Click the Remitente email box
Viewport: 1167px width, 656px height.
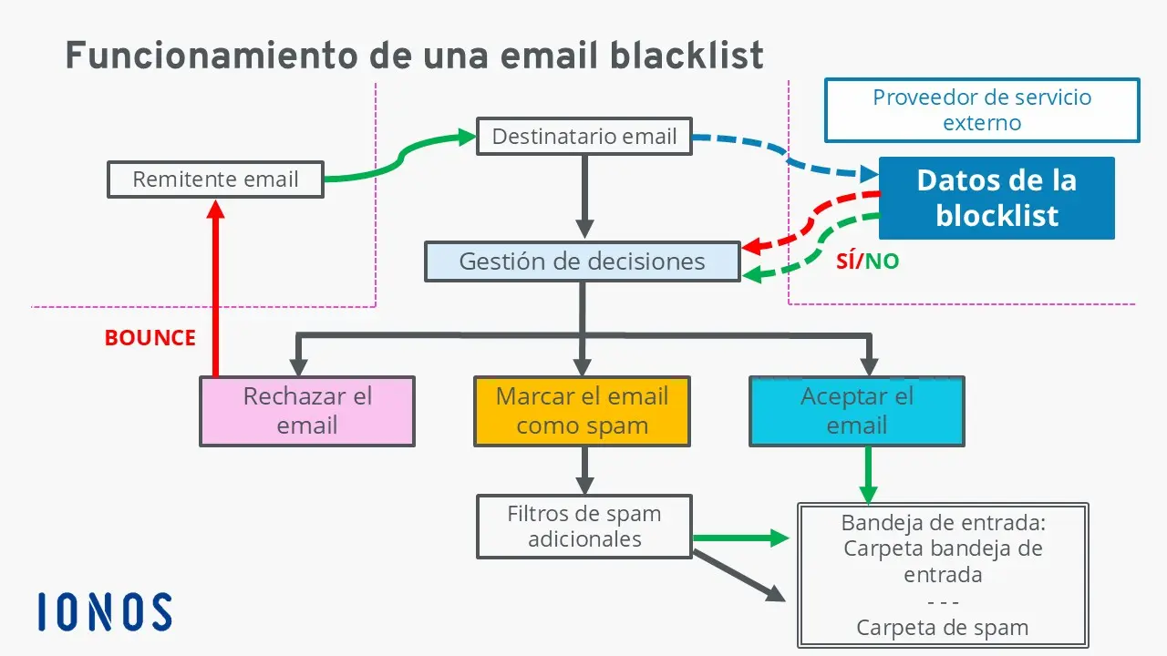pyautogui.click(x=215, y=179)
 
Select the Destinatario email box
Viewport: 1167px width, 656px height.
pyautogui.click(x=583, y=137)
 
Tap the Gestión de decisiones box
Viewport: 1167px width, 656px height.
pyautogui.click(x=582, y=261)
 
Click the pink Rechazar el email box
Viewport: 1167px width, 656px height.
pyautogui.click(x=307, y=411)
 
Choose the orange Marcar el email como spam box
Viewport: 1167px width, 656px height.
pyautogui.click(x=582, y=411)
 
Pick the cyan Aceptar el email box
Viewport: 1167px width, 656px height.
pyautogui.click(x=856, y=411)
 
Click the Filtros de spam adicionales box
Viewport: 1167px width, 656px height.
pyautogui.click(x=583, y=526)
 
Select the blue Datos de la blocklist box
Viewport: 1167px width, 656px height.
pyautogui.click(x=996, y=198)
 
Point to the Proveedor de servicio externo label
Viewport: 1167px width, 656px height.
pyautogui.click(x=982, y=110)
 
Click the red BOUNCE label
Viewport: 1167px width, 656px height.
pyautogui.click(x=150, y=338)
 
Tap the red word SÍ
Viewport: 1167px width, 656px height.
pyautogui.click(x=847, y=262)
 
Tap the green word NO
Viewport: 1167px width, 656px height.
pyautogui.click(x=882, y=262)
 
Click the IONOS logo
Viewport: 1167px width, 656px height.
pyautogui.click(x=105, y=611)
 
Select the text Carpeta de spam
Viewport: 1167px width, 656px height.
pyautogui.click(x=942, y=628)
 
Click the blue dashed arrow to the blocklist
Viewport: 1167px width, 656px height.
pyautogui.click(x=784, y=155)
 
